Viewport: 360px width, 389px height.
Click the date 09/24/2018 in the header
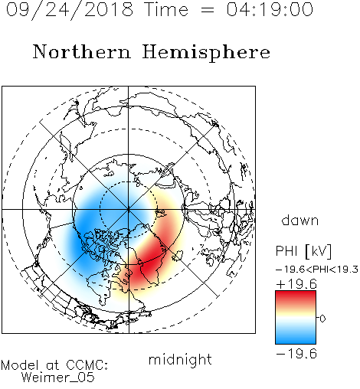[70, 10]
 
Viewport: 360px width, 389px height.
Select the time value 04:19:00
[270, 9]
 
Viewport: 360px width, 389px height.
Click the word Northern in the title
[82, 51]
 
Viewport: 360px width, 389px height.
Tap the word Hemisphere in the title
[206, 53]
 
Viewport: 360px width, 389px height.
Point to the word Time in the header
[166, 9]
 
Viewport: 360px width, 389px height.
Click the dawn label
[300, 220]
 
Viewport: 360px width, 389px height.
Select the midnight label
[180, 359]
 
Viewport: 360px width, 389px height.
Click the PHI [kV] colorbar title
[303, 251]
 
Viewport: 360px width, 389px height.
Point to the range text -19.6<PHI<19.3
[317, 270]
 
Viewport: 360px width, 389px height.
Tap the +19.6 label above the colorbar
[296, 284]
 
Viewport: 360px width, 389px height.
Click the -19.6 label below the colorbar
[296, 354]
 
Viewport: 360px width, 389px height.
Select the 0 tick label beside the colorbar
[322, 319]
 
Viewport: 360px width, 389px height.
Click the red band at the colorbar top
[296, 296]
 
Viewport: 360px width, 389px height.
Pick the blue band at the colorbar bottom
[296, 338]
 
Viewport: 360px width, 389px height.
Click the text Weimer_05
[57, 378]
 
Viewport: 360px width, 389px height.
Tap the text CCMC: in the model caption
[87, 365]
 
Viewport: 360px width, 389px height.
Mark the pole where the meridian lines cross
[129, 209]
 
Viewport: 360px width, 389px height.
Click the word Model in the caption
[20, 365]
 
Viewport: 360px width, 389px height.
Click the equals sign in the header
[208, 10]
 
